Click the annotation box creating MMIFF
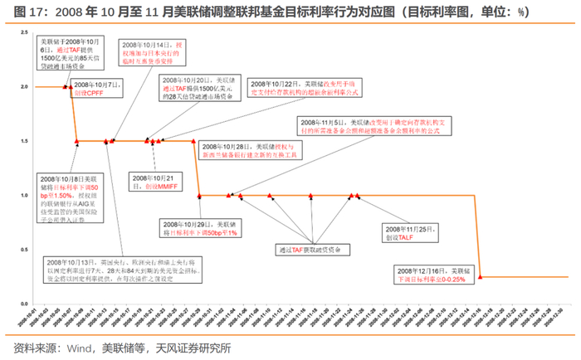click(x=159, y=182)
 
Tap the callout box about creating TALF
click(x=407, y=232)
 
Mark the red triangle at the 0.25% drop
click(x=481, y=277)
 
